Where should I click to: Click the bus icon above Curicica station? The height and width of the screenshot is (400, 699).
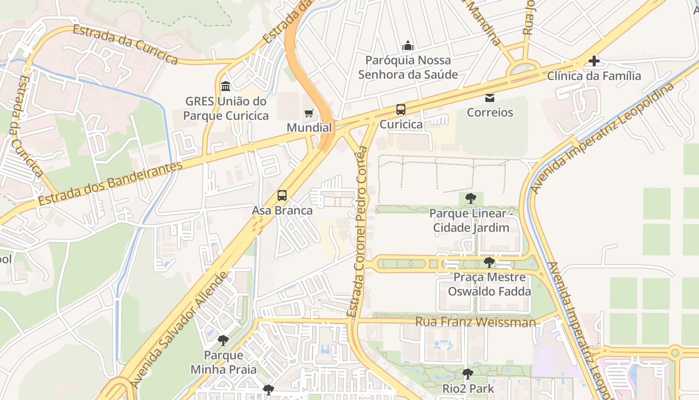tap(400, 109)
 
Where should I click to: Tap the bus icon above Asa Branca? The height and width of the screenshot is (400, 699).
tap(282, 195)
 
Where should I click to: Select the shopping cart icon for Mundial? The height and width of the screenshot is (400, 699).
tap(309, 113)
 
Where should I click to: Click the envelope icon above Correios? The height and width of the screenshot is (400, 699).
tap(490, 97)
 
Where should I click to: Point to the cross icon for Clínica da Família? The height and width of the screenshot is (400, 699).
tap(594, 61)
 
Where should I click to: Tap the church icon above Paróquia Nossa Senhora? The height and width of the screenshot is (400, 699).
tap(408, 45)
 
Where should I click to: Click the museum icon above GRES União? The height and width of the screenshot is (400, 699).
tap(225, 86)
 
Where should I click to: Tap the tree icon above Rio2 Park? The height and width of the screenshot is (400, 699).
tap(467, 374)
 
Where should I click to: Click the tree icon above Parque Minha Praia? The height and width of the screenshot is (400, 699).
tap(223, 341)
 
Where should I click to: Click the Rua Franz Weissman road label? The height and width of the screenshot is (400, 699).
tap(475, 322)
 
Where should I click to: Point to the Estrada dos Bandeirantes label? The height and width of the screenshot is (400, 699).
tap(110, 183)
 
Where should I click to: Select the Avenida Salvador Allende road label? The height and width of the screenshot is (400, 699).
tap(179, 330)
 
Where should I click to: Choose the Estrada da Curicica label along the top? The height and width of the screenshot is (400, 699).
tap(125, 44)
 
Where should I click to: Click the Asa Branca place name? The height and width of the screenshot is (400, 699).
tap(282, 210)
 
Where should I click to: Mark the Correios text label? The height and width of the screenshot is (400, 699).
tap(490, 112)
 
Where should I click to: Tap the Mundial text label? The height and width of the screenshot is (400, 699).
tap(309, 128)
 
